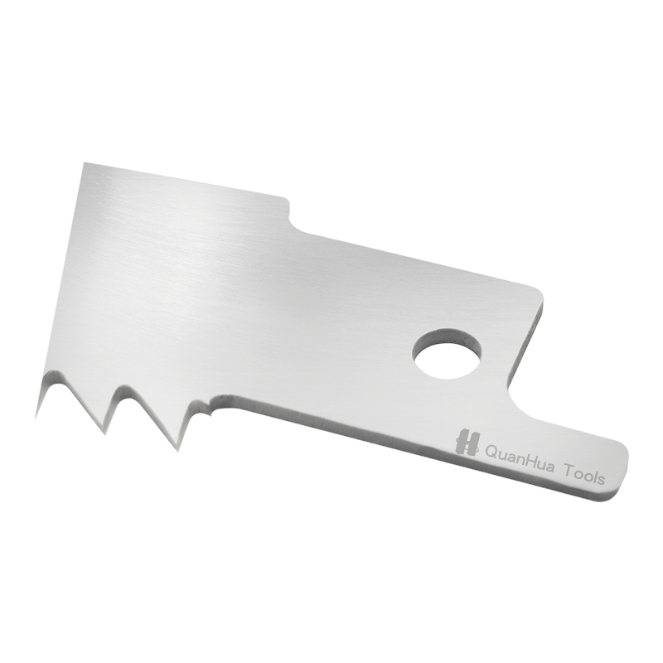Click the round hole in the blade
click(x=448, y=354)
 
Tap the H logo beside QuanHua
click(x=467, y=442)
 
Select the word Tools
click(x=586, y=474)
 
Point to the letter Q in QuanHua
click(x=492, y=452)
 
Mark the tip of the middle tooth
click(x=104, y=433)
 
